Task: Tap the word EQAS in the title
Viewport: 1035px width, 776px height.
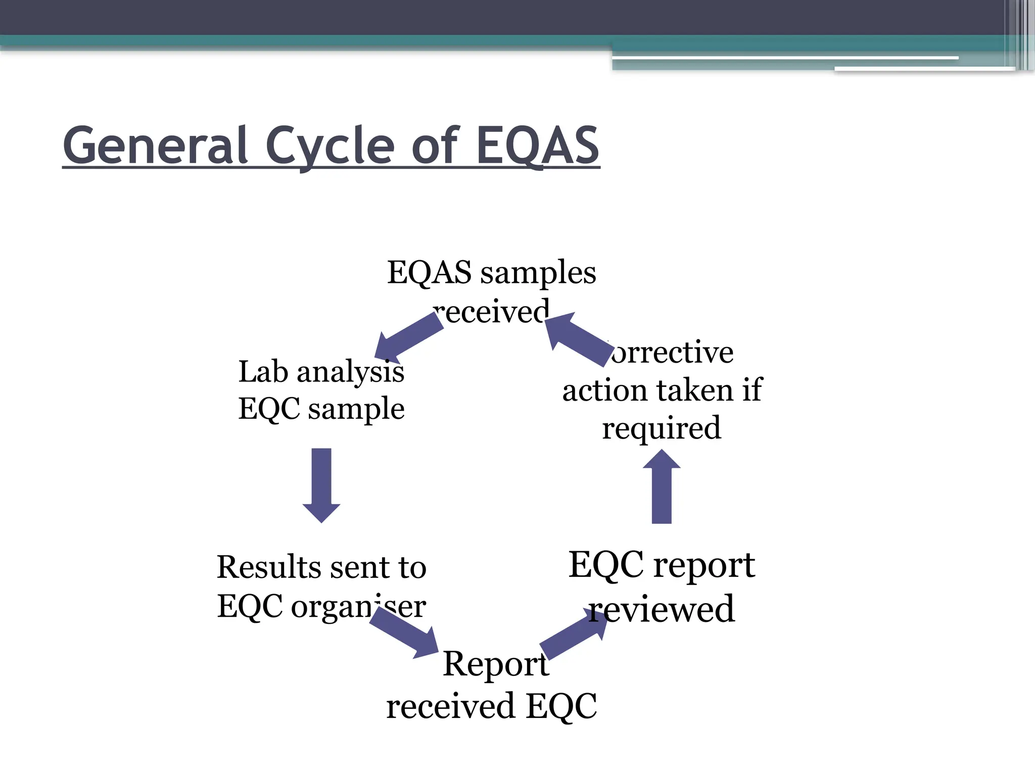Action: pos(538,146)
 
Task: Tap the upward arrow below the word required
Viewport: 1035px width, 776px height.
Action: pos(662,487)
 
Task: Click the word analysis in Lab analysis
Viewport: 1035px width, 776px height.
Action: pos(350,373)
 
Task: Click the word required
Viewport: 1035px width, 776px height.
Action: pos(661,428)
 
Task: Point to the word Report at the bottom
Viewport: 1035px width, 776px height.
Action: pos(495,664)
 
